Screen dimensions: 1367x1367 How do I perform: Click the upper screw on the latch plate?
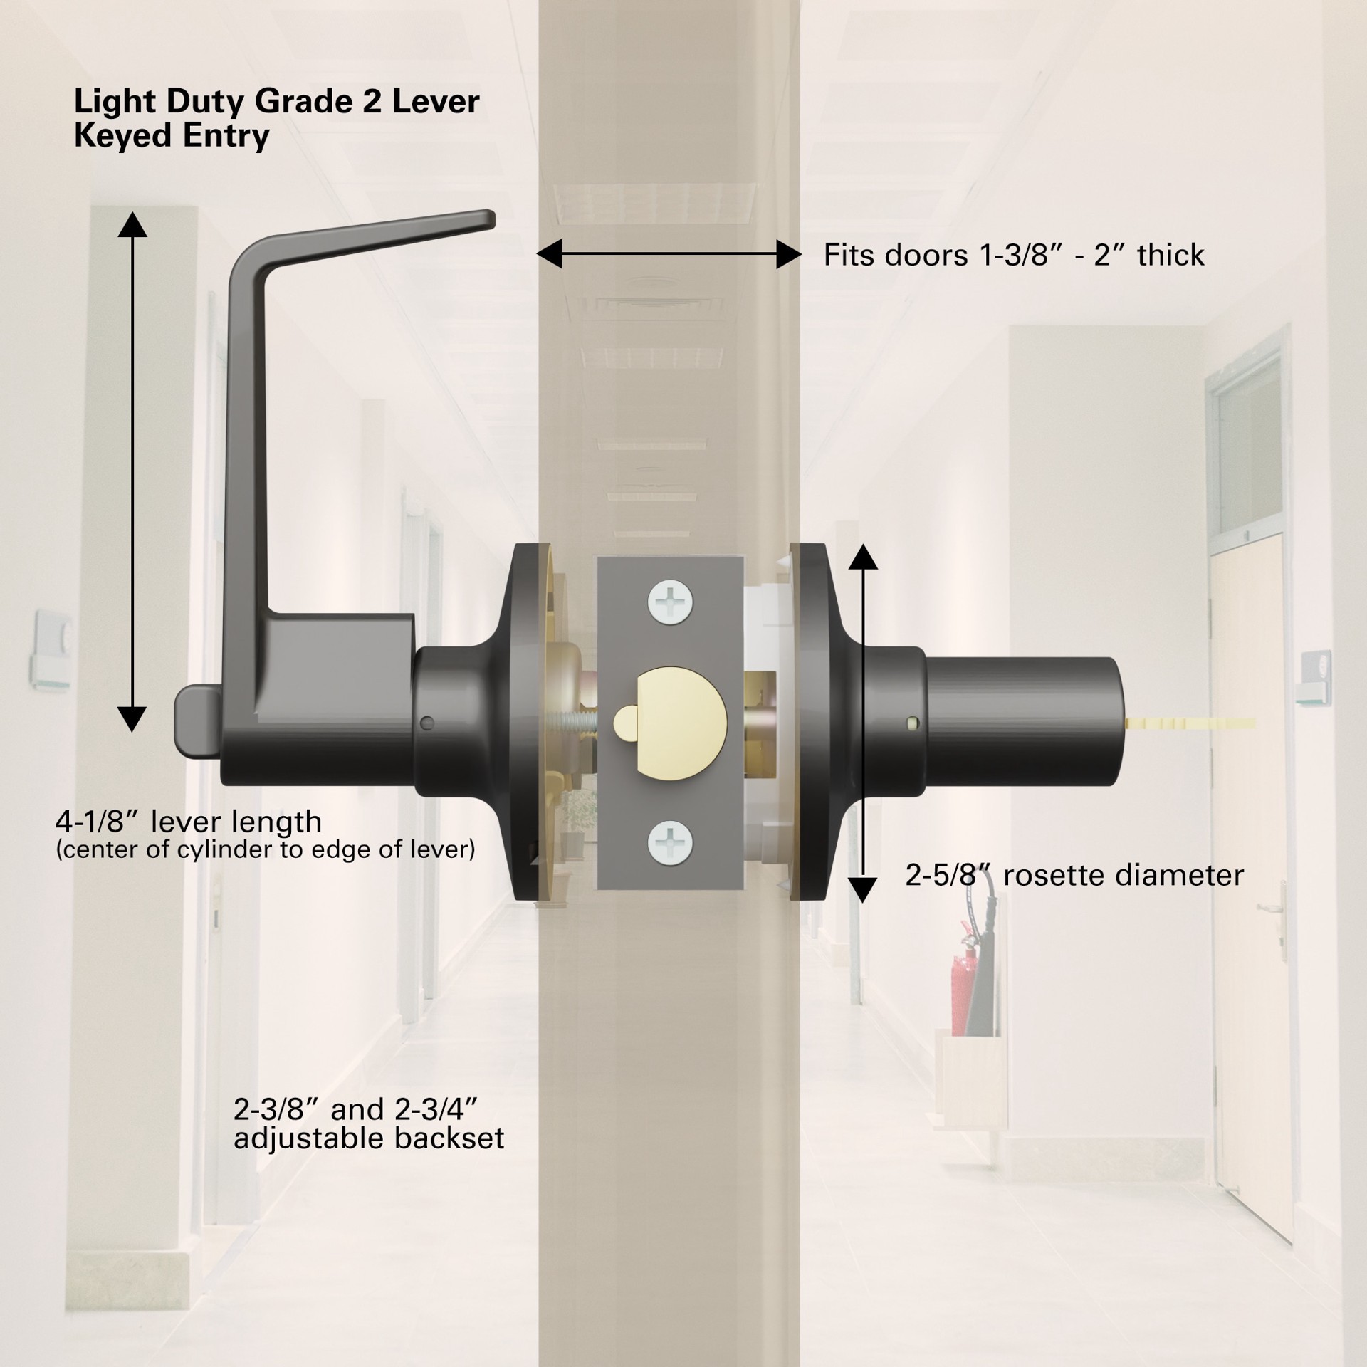tap(670, 603)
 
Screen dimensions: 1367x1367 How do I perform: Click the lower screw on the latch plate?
tap(670, 842)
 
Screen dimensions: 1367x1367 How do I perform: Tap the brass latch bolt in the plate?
tap(669, 722)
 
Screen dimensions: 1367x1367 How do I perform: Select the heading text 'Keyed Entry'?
tap(172, 135)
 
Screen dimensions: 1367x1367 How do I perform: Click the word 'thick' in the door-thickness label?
tap(1170, 255)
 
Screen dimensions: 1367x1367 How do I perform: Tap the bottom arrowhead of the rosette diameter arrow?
tap(863, 890)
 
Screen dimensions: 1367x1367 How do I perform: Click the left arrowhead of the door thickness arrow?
tap(549, 253)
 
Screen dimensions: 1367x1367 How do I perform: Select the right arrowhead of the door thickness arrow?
tap(788, 253)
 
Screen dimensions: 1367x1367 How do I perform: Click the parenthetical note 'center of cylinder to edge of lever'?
tap(265, 849)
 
